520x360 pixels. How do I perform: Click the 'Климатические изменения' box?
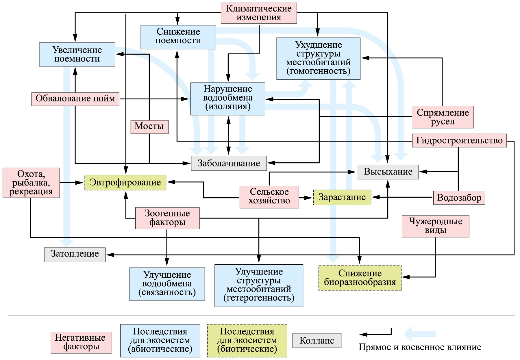pos(259,13)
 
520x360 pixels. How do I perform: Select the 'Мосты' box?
pos(149,127)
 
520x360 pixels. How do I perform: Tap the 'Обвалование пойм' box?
pos(75,99)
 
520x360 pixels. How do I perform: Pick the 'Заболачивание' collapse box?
pos(229,163)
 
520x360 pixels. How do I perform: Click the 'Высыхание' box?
pos(388,172)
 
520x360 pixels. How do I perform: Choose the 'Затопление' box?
pos(75,254)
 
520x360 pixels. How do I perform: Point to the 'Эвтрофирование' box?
pos(125,182)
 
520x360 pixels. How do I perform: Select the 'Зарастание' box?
pos(342,197)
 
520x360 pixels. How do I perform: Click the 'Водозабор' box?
pos(459,198)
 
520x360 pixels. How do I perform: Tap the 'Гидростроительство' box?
pos(459,140)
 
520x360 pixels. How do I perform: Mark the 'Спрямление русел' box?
pos(443,117)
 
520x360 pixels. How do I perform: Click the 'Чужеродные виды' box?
pos(435,226)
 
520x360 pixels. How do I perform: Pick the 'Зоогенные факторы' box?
pos(167,218)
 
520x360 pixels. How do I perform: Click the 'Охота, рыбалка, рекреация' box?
pos(31,183)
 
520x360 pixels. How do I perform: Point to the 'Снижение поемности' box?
pos(178,37)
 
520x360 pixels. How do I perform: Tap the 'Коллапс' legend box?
pos(317,340)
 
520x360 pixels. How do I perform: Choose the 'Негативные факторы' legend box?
pos(81,342)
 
